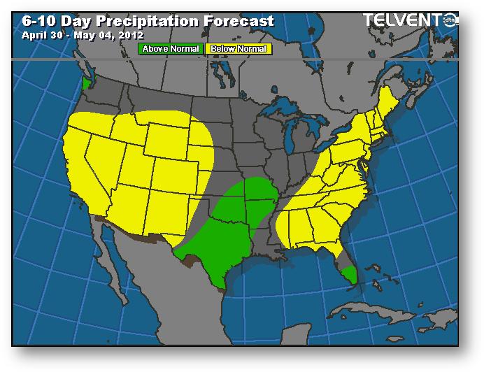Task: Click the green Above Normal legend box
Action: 171,49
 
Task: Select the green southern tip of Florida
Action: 349,273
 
